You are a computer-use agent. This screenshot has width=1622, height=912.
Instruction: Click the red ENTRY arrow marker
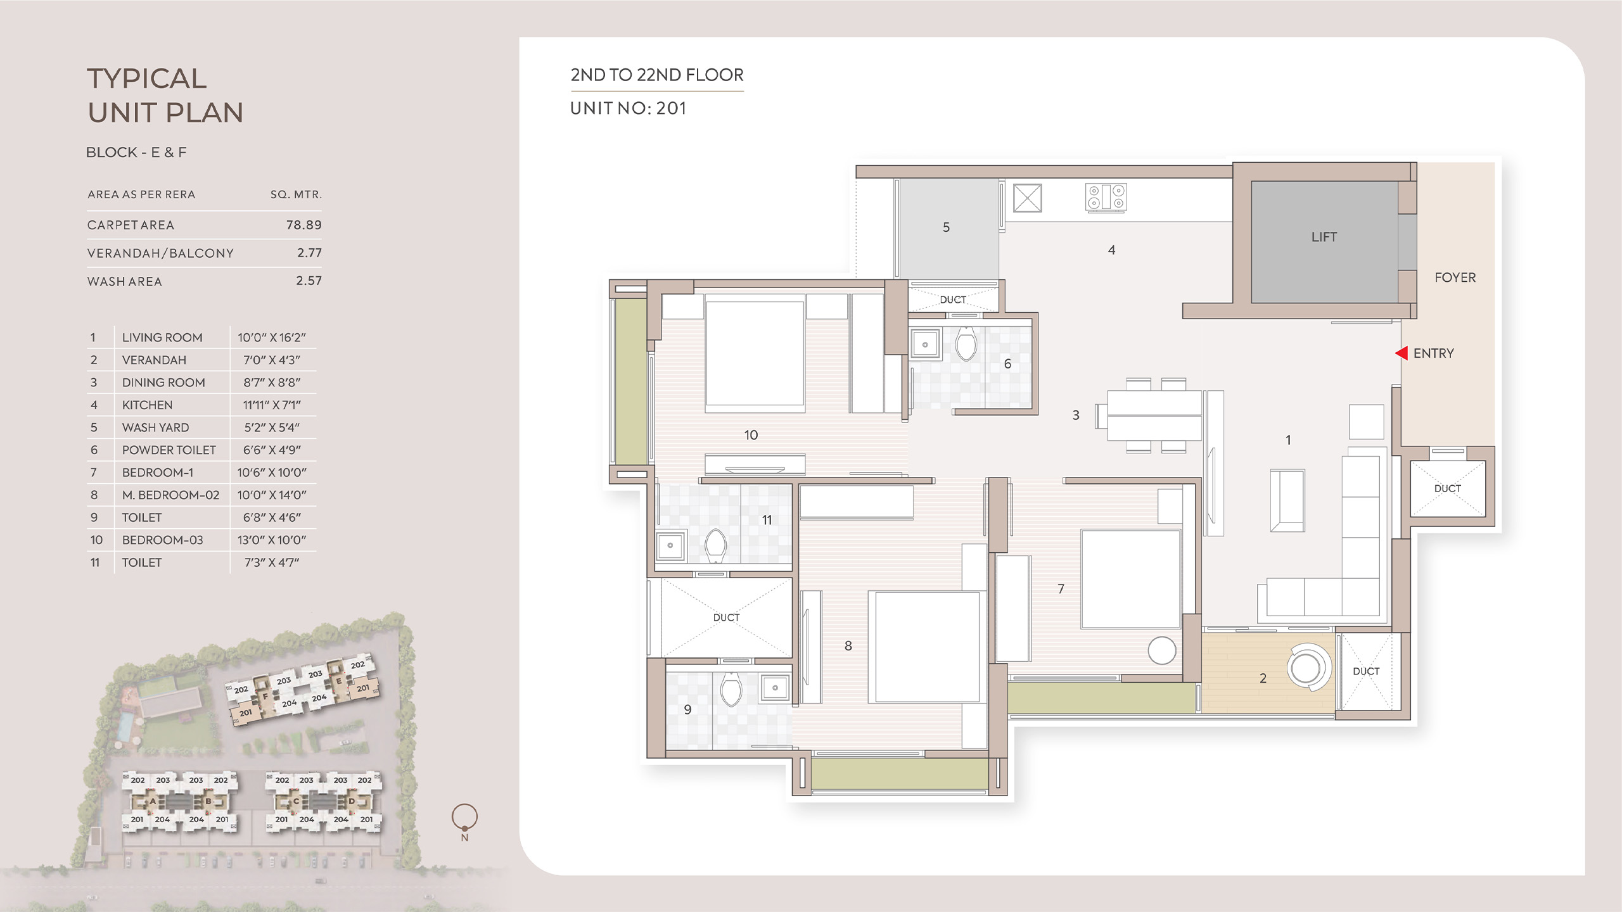[1402, 353]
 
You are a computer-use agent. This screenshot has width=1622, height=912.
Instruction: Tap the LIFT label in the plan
[1324, 237]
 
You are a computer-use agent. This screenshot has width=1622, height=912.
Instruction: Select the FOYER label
[1455, 277]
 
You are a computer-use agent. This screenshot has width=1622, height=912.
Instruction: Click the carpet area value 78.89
[304, 225]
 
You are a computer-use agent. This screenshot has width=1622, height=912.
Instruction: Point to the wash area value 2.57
[309, 281]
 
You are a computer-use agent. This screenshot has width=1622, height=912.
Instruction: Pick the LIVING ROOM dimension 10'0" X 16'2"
[272, 338]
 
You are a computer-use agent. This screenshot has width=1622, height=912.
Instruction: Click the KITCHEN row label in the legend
[147, 405]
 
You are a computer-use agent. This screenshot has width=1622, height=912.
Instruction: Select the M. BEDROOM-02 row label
[170, 495]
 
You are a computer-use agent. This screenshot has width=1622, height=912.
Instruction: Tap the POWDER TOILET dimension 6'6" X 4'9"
[272, 450]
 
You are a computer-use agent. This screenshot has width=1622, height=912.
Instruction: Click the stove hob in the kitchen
[1106, 197]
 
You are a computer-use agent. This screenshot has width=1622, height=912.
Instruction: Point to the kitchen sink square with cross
[1027, 198]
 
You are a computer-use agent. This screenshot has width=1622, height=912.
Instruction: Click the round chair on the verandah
[1306, 667]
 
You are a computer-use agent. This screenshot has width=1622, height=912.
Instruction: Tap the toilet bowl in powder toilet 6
[966, 344]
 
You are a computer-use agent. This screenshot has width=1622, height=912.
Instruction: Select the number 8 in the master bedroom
[848, 646]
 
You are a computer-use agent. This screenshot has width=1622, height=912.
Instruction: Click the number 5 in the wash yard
[946, 227]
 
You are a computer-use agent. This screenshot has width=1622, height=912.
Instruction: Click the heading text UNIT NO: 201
[628, 108]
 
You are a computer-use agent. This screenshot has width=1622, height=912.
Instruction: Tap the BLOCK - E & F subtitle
[136, 152]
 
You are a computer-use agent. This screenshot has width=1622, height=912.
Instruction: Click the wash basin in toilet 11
[670, 545]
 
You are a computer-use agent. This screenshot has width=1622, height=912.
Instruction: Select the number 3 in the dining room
[1076, 415]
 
